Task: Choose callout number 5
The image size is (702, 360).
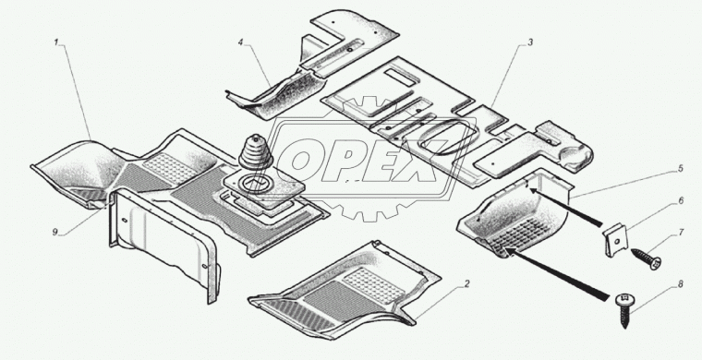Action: [x=680, y=169]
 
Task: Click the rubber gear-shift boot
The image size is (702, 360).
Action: [x=255, y=157]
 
